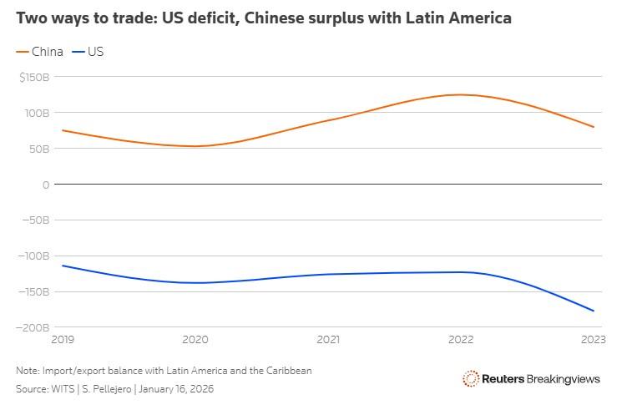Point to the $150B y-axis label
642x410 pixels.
point(35,77)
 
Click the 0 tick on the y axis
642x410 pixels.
point(46,185)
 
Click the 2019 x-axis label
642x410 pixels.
point(63,340)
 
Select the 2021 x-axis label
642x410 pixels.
point(328,340)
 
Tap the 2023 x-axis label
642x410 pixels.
point(594,340)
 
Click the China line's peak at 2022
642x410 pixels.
point(460,94)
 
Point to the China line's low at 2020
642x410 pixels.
point(195,146)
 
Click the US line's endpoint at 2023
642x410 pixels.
point(594,311)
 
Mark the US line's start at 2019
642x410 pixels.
point(63,266)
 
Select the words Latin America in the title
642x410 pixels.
point(461,18)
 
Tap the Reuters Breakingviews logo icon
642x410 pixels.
point(471,379)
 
